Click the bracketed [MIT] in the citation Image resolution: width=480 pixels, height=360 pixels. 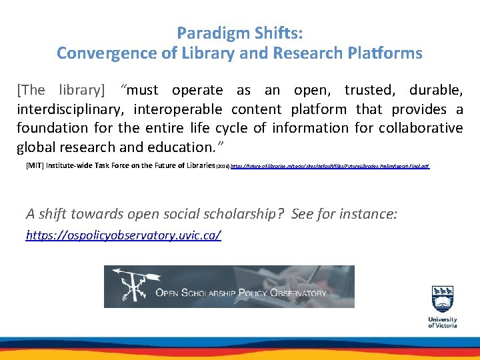tap(33, 165)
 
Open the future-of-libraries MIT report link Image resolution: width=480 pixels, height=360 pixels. tap(329, 165)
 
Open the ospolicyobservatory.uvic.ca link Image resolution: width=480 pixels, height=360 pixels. tap(123, 235)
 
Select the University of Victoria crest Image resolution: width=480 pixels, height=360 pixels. tap(443, 299)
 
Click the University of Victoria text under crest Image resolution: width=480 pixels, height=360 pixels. tap(443, 322)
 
